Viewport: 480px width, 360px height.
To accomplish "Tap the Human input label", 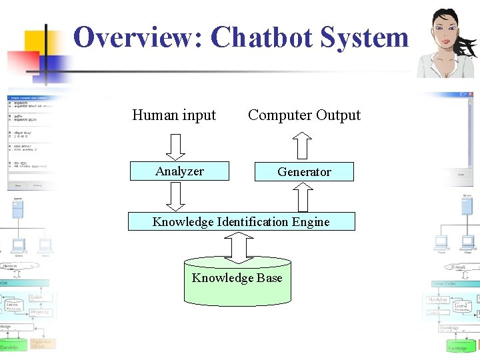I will pos(174,115).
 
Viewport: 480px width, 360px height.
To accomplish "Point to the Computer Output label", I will pos(304,115).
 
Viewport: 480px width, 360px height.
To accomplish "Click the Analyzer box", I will pos(179,171).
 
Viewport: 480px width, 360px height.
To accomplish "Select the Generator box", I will pos(304,172).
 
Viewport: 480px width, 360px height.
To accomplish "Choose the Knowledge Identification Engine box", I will pos(241,221).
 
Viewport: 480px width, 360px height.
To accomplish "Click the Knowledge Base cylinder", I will pos(237,280).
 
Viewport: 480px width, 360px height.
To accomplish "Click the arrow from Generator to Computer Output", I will pos(303,145).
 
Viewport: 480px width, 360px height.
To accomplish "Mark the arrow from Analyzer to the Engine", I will pos(175,196).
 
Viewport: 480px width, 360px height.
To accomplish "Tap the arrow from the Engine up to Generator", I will pos(303,197).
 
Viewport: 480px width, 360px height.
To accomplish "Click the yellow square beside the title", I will pos(39,41).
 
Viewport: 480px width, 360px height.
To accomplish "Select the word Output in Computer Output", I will pos(339,115).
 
